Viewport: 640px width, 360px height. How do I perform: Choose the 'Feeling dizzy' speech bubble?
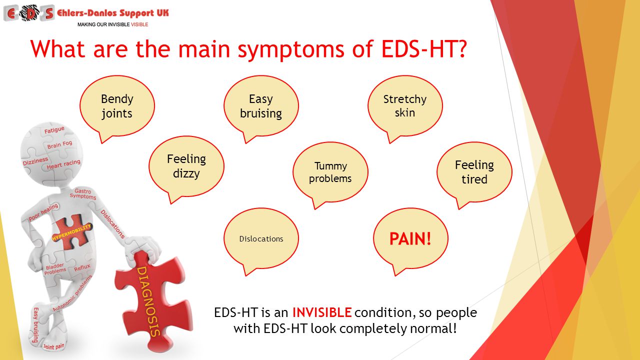186,166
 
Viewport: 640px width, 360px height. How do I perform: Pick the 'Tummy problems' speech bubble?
330,172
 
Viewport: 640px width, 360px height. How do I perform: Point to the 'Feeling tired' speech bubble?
474,172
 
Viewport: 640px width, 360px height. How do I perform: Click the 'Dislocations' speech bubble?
261,239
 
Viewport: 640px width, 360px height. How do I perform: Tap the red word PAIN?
410,239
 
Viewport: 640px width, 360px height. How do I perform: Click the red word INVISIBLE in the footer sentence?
321,312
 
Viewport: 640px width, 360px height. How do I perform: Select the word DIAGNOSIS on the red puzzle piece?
148,301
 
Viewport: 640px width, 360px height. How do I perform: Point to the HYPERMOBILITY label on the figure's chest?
71,232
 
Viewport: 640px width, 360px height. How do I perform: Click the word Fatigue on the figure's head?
54,130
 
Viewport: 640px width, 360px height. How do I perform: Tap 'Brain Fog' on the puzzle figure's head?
59,144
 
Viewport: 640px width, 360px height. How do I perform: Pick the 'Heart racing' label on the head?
63,164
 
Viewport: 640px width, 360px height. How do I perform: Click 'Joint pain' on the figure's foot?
53,347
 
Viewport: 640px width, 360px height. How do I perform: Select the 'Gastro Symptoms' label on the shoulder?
83,194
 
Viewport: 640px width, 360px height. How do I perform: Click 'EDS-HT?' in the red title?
424,49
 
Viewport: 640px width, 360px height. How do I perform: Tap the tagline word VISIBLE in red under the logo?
139,24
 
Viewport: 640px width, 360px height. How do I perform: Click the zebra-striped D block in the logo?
29,13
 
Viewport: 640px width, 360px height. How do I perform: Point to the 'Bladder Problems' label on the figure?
55,269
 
